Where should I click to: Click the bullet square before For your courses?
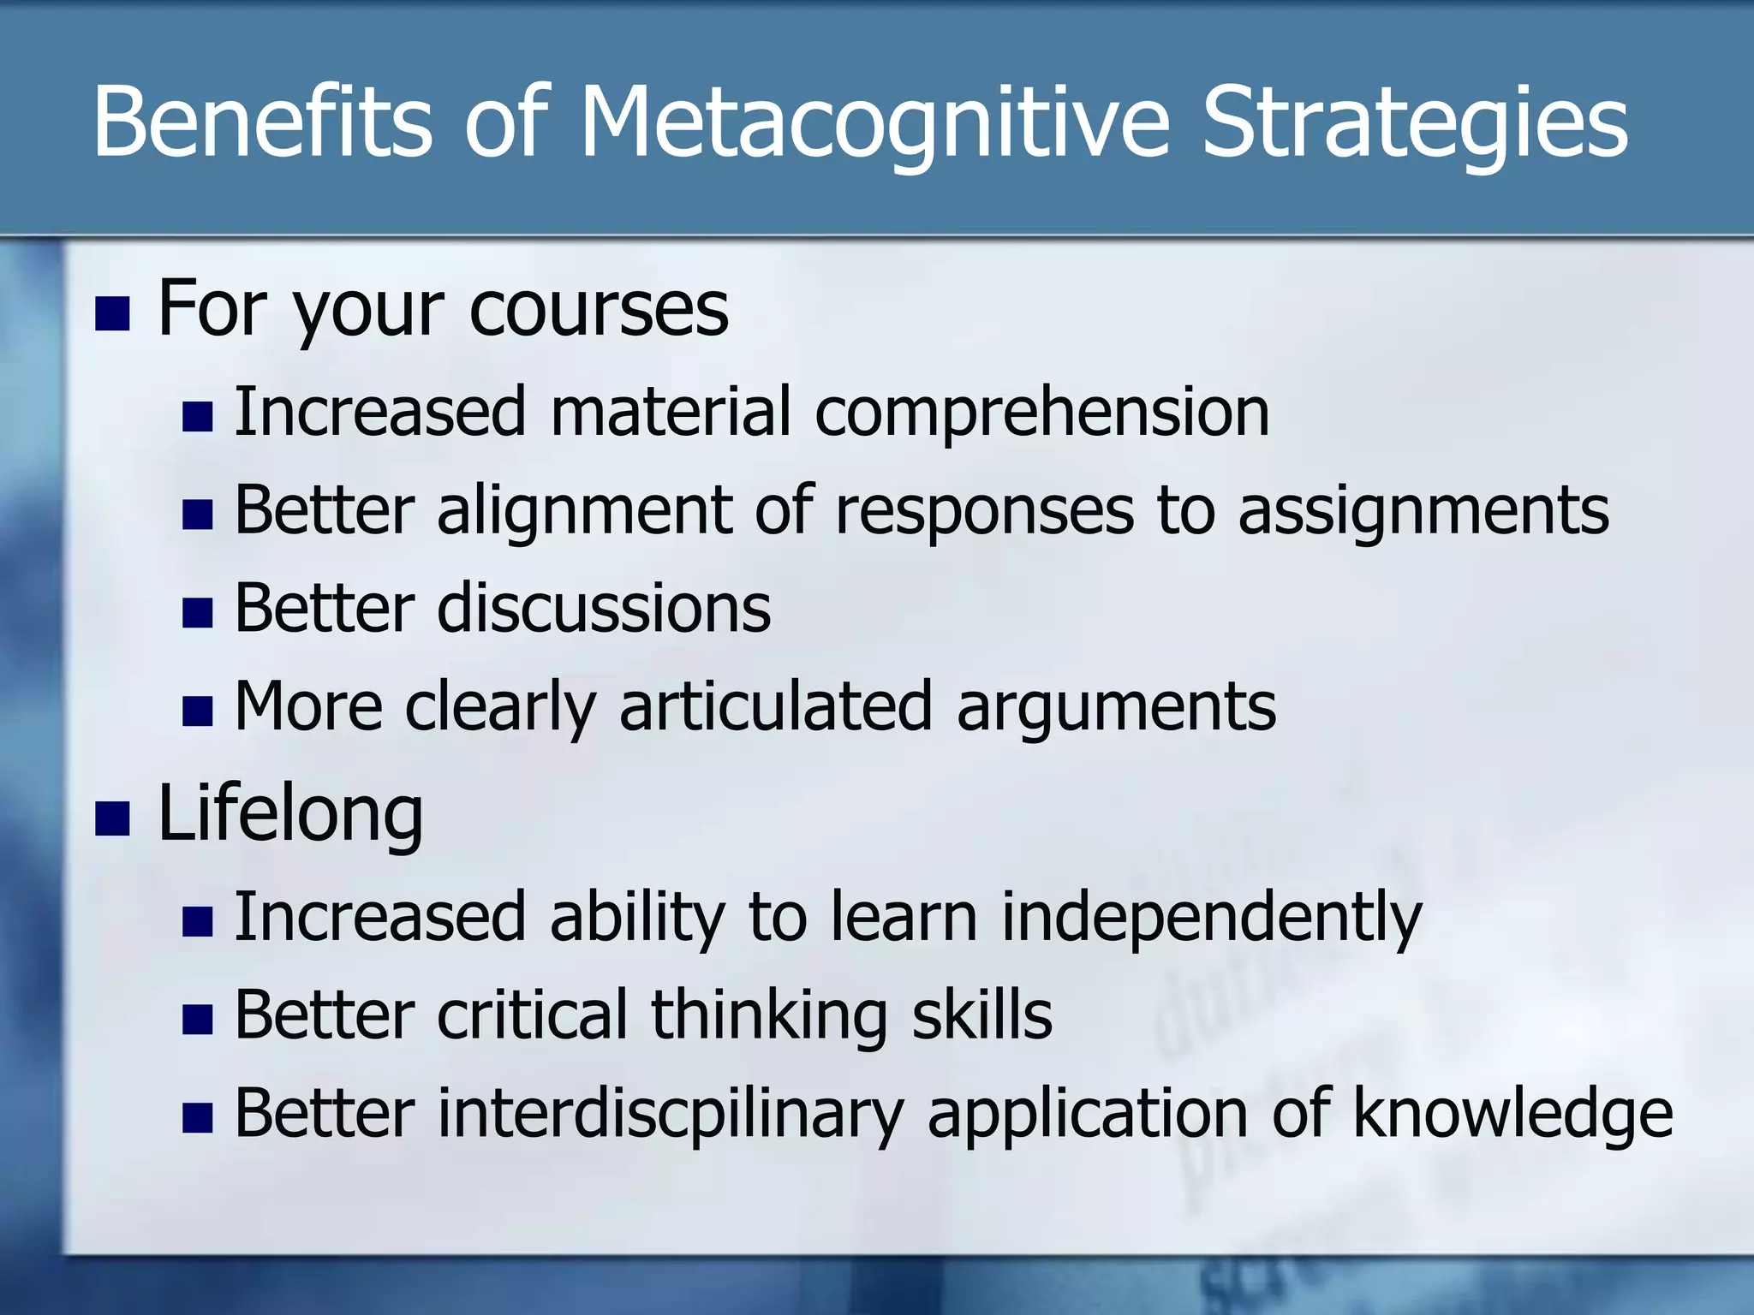[x=112, y=313]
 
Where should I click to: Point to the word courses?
[x=599, y=309]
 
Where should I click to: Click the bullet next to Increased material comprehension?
[x=198, y=417]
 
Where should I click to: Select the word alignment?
[x=584, y=512]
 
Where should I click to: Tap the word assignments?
[x=1423, y=512]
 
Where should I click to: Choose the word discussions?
[x=604, y=608]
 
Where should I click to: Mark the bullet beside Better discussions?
[x=198, y=613]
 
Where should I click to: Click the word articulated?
[x=775, y=707]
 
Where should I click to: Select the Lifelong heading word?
[x=290, y=815]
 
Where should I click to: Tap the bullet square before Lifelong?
[x=112, y=818]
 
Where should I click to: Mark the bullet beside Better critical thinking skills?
[x=198, y=1020]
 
